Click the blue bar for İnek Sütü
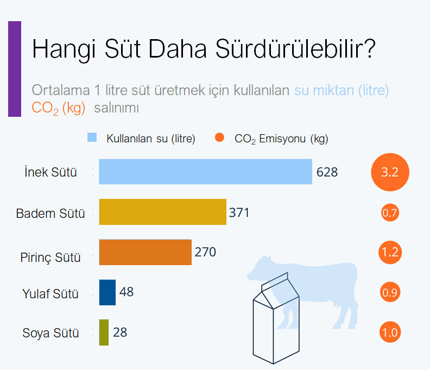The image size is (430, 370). point(205,172)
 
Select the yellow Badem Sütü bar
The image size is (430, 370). point(163,212)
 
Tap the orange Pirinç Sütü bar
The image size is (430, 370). point(146,252)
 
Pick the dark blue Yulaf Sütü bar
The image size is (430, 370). point(107,292)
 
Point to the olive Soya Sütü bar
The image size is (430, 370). point(104,333)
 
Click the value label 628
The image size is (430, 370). point(327,172)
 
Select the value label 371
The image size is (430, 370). point(239,213)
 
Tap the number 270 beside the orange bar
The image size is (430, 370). point(205,252)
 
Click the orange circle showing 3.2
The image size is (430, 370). point(390,172)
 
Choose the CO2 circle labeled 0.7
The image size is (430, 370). point(390,213)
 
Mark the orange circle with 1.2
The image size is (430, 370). point(390,252)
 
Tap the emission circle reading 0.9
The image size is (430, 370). point(390,292)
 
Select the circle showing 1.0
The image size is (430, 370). point(390,332)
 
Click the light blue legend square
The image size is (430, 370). point(92,137)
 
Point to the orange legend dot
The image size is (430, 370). point(219,137)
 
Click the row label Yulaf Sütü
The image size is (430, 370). point(50,294)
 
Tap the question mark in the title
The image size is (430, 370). point(370,48)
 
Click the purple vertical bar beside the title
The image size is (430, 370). point(15,69)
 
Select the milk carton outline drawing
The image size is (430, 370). point(276,318)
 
